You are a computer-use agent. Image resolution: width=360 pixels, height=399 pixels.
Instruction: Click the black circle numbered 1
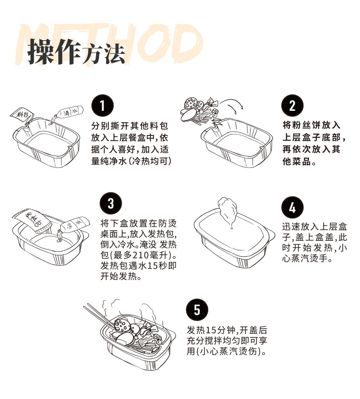[103, 106]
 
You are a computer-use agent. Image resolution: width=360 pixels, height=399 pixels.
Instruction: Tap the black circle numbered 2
[293, 105]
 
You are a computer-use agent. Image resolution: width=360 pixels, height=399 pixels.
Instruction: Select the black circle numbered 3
[111, 203]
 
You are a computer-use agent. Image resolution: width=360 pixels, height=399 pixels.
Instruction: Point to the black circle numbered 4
[293, 207]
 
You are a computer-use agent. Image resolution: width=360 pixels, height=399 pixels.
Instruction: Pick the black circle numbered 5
[197, 310]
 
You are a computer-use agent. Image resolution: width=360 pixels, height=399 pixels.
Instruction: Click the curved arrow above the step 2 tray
[232, 104]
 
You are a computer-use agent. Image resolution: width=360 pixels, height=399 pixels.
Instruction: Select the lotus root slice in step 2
[191, 104]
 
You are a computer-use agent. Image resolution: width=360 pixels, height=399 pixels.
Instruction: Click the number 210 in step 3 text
[139, 255]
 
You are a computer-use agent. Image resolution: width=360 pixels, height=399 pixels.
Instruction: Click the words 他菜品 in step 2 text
[296, 161]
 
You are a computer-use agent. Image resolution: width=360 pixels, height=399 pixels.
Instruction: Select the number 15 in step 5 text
[211, 330]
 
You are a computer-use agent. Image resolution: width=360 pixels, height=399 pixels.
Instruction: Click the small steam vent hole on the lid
[231, 228]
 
